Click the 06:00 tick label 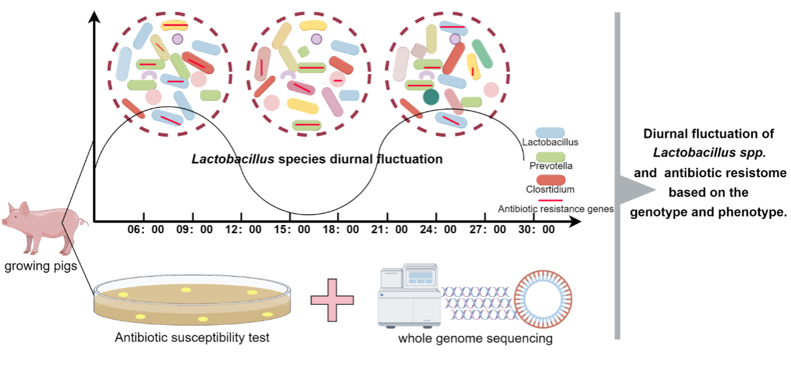point(146,229)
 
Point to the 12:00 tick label point(243,229)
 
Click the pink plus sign point(332,299)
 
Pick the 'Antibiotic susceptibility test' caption point(192,338)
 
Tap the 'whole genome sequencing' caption point(476,339)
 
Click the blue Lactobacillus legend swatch point(550,133)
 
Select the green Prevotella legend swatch point(550,157)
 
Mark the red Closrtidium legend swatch point(550,180)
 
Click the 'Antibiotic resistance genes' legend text point(556,209)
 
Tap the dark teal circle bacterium point(430,97)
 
